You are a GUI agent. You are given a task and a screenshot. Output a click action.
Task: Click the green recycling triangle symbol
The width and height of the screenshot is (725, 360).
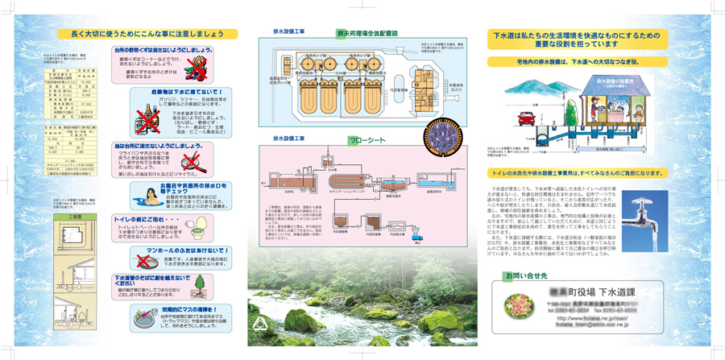coord(259,325)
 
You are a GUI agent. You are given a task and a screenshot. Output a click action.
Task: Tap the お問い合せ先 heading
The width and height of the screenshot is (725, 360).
coord(523,275)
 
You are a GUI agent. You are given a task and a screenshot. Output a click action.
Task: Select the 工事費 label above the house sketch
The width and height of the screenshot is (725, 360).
coord(76,217)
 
